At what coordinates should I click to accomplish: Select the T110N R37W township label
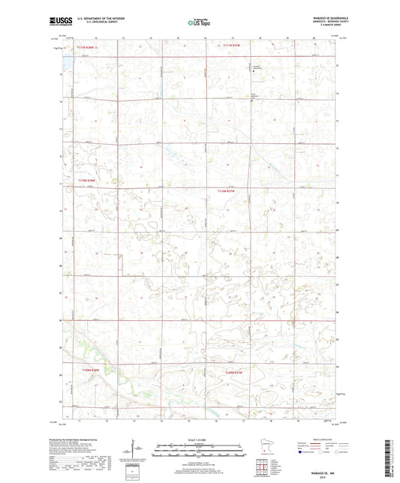coord(228,191)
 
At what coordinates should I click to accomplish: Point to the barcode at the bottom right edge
coord(391,457)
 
